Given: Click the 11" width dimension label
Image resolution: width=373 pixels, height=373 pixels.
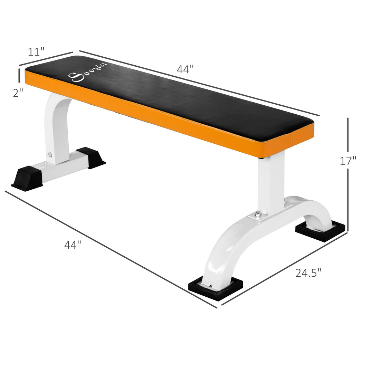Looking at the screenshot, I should click(36, 52).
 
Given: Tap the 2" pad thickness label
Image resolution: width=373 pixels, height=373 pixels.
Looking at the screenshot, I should click(18, 93).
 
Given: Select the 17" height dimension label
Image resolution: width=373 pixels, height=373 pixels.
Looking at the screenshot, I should click(348, 161).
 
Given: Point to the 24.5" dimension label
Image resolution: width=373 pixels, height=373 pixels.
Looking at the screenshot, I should click(308, 273).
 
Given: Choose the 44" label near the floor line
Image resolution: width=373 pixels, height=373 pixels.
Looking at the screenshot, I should click(73, 245).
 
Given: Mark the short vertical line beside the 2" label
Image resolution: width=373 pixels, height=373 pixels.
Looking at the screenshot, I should click(19, 76).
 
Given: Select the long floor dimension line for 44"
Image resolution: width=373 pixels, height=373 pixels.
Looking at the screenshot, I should click(111, 249).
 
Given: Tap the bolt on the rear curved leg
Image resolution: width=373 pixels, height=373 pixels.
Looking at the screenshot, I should click(50, 154).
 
